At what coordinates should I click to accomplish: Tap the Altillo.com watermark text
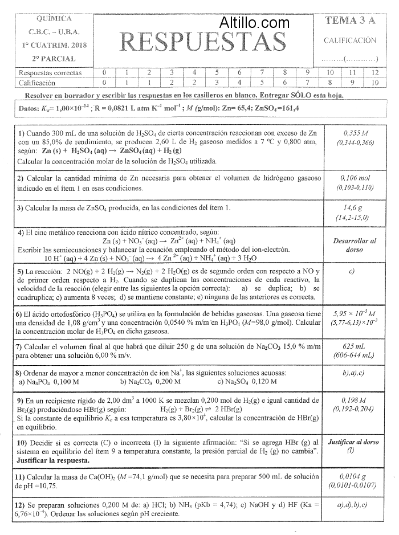[x=255, y=23]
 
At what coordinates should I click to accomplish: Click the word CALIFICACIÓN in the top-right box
[x=350, y=40]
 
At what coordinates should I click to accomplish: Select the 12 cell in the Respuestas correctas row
[x=374, y=72]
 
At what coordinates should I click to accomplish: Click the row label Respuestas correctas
[x=50, y=73]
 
